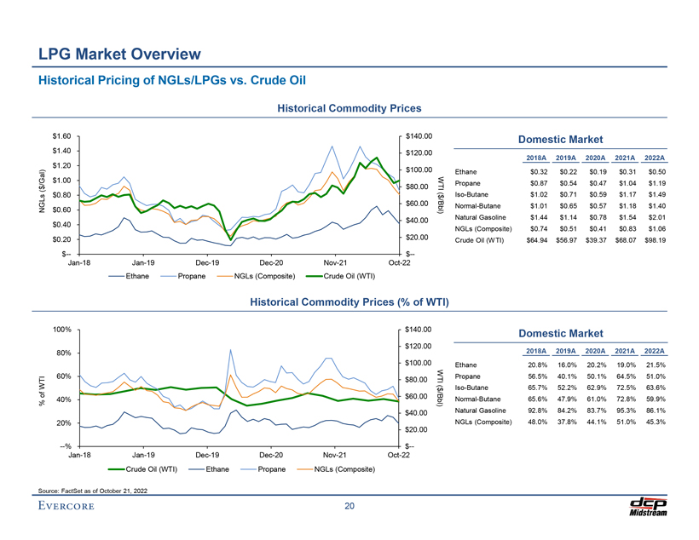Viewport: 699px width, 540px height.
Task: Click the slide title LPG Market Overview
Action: tap(119, 55)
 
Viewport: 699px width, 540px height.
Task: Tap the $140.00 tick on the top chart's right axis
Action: tap(419, 136)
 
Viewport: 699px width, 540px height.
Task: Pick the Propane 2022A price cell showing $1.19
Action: tap(656, 183)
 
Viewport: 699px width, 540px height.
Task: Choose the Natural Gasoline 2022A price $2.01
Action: tap(656, 217)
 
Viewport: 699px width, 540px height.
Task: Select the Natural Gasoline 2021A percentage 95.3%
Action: tap(627, 411)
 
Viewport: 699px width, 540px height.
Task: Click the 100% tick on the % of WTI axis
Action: tap(59, 330)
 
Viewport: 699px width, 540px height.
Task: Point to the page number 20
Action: tap(349, 508)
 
